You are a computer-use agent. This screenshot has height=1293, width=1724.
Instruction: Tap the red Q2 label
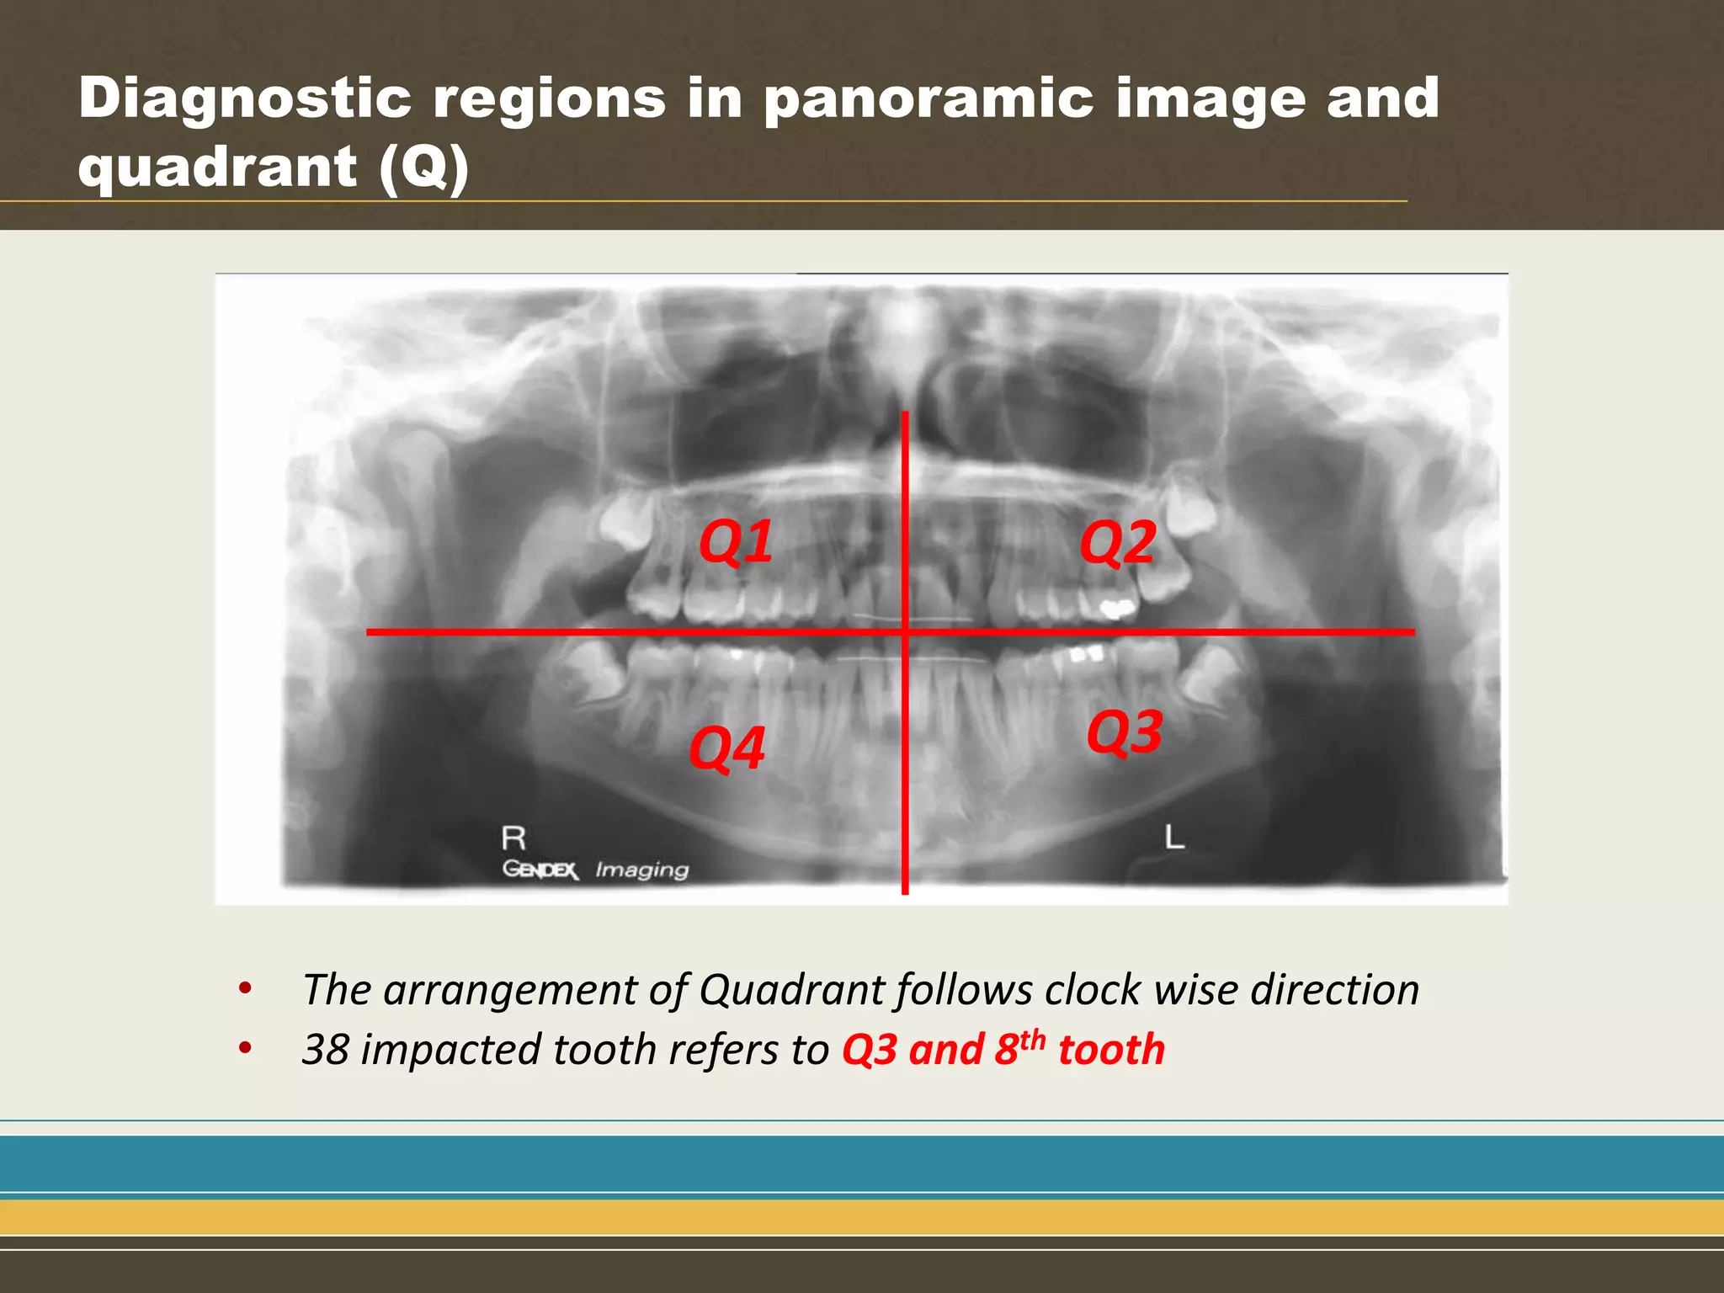pos(1117,542)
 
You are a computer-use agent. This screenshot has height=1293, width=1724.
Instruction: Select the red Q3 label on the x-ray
pos(1125,732)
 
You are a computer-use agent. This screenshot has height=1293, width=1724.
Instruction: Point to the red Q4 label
pos(726,748)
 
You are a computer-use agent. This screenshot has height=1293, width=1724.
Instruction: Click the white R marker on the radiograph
pos(513,838)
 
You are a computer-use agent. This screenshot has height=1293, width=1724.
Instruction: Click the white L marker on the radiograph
pos(1174,837)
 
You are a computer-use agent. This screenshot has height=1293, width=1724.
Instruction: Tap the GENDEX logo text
pos(540,870)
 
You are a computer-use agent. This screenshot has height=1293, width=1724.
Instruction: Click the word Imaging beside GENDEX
pos(641,870)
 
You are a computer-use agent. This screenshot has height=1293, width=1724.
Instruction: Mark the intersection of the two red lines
pos(905,631)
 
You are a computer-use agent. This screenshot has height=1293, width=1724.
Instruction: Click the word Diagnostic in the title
pos(245,98)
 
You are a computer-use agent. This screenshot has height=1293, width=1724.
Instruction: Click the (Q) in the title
pos(423,167)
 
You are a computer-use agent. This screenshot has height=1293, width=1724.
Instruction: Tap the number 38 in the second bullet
pos(326,1050)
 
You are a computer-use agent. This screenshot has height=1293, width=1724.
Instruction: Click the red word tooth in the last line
pos(1111,1050)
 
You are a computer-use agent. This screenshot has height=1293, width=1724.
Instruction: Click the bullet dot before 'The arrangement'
pos(245,988)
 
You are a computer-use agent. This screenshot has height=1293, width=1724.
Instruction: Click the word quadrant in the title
pos(217,167)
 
